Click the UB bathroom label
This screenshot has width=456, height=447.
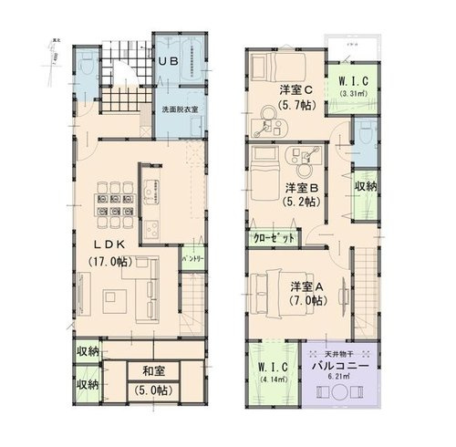(170, 61)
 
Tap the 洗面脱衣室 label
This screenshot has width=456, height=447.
(181, 109)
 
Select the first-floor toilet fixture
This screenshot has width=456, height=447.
(84, 67)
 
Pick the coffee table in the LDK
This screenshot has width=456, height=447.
(117, 298)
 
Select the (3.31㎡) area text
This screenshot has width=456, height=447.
(353, 92)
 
